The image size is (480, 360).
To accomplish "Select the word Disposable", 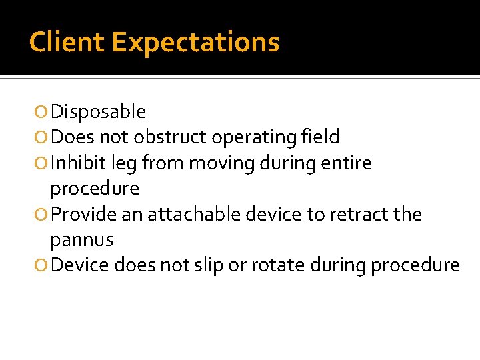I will click(98, 111).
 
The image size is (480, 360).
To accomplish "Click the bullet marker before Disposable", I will click(43, 112).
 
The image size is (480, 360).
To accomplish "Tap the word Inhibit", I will click(75, 163).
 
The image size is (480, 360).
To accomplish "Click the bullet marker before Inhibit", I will click(43, 163).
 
